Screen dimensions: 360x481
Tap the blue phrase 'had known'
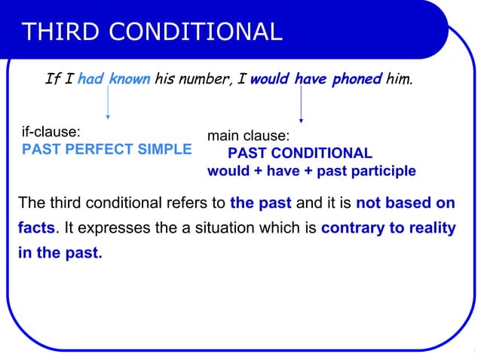(x=113, y=78)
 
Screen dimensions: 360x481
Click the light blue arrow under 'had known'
(x=108, y=102)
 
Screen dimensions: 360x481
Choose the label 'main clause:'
(x=248, y=136)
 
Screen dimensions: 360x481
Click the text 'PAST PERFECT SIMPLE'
(x=107, y=149)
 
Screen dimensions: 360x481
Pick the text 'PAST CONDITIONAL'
(x=300, y=154)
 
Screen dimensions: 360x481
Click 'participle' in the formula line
(x=381, y=171)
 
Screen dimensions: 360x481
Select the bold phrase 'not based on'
(x=405, y=203)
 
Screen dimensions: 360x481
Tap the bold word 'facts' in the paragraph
(x=36, y=227)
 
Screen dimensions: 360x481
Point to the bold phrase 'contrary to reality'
(x=388, y=227)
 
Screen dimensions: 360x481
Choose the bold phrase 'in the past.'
(x=60, y=253)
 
